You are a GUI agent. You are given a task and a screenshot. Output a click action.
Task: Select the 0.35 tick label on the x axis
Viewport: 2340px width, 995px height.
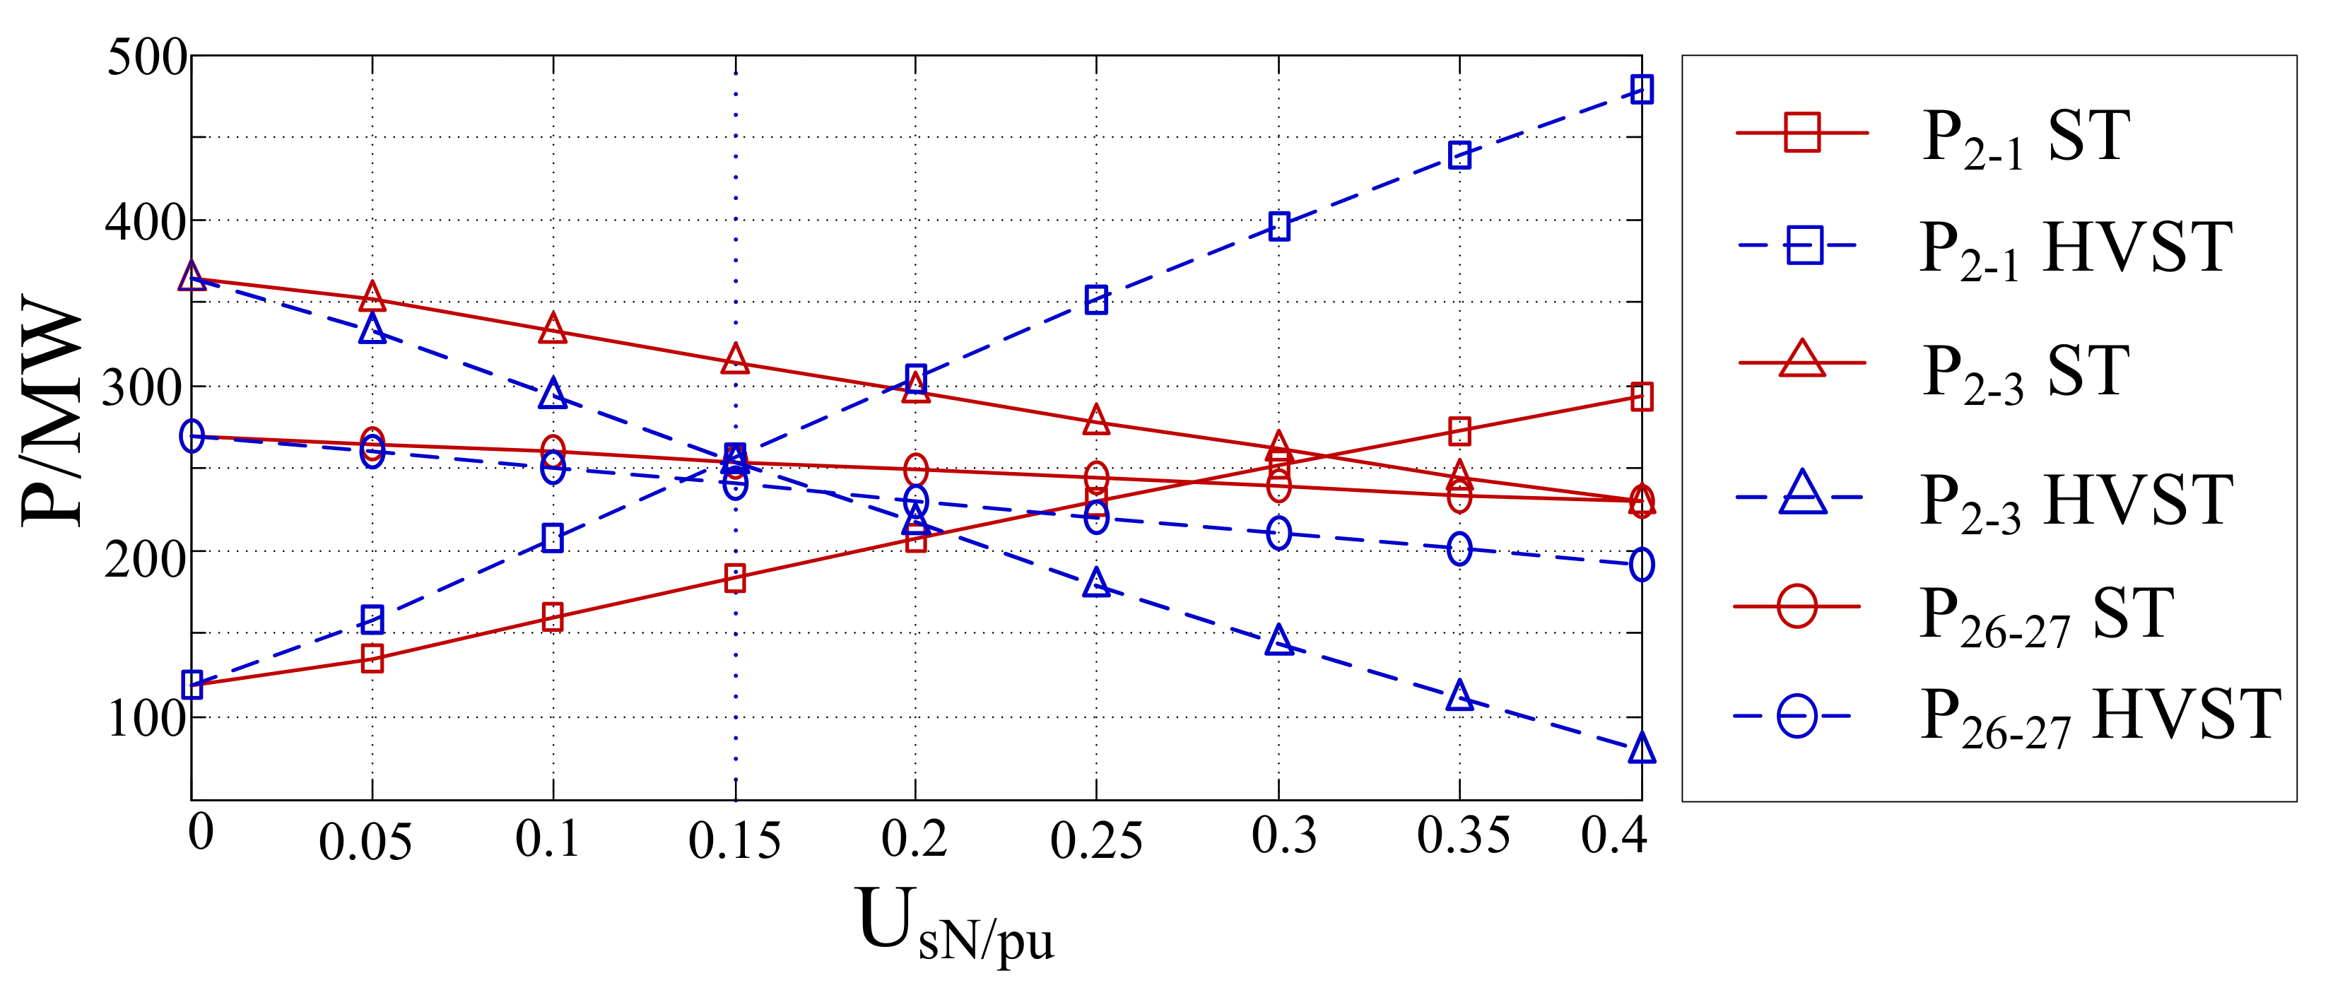1462,837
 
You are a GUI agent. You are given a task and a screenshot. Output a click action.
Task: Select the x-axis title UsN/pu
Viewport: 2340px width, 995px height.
954,925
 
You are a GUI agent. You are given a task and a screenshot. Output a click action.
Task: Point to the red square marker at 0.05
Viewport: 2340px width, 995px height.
372,658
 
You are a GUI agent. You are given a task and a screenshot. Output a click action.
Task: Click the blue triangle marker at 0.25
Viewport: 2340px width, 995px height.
1096,582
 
